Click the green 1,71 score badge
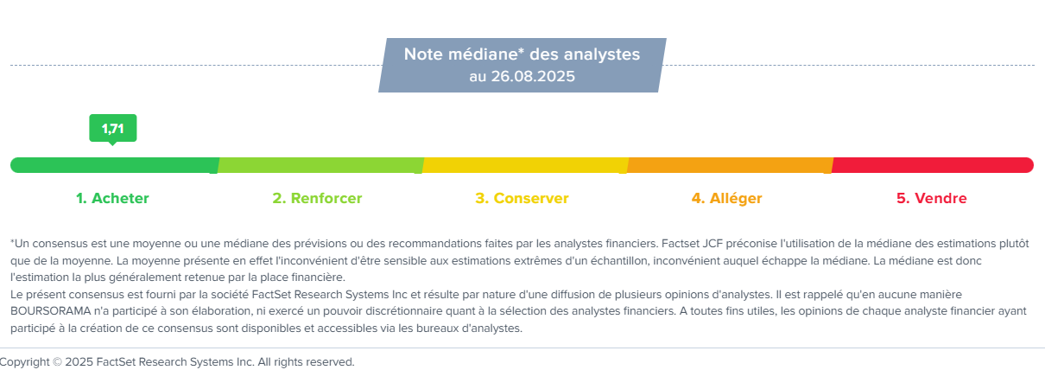[113, 129]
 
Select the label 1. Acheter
[112, 198]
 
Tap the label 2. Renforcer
[317, 198]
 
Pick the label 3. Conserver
[522, 198]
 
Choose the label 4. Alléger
[727, 198]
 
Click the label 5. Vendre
[932, 198]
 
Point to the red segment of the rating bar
[933, 165]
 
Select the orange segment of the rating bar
[730, 165]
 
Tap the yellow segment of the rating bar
[525, 165]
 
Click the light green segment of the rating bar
[320, 165]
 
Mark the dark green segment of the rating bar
[115, 165]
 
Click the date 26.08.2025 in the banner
[533, 76]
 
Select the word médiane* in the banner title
[486, 54]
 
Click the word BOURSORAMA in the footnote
[50, 311]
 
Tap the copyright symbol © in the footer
[57, 362]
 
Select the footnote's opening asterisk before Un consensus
[13, 241]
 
